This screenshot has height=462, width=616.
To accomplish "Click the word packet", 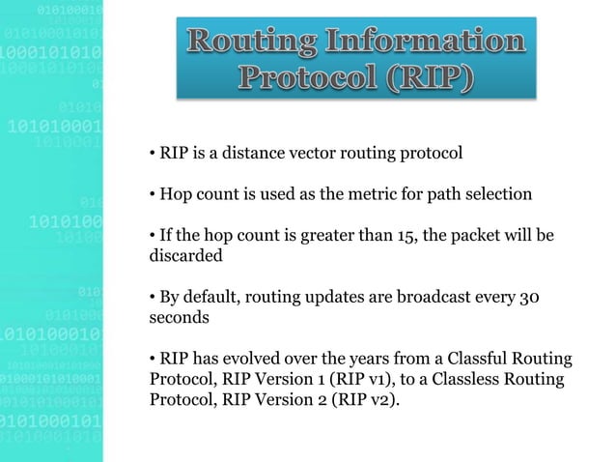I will click(x=479, y=237).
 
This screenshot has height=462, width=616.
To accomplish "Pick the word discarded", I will click(x=185, y=257).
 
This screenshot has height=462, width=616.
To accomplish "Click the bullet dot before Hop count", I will click(x=152, y=195).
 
